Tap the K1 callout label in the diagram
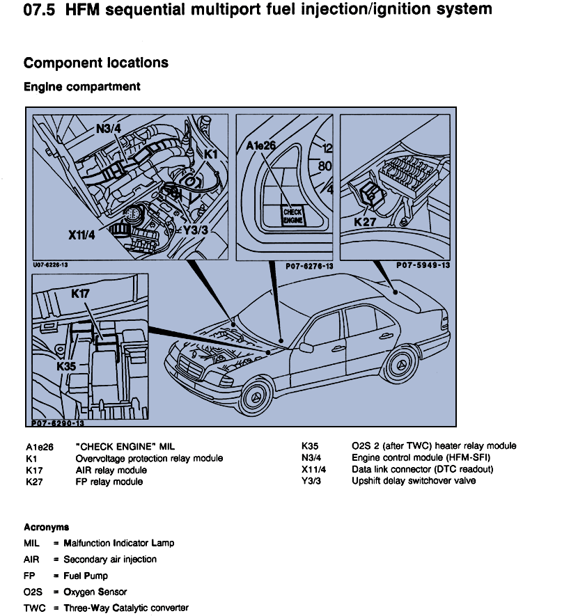pyautogui.click(x=211, y=152)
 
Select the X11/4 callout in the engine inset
pyautogui.click(x=81, y=235)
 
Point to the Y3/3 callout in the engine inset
pyautogui.click(x=195, y=229)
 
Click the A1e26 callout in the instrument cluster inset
pyautogui.click(x=262, y=145)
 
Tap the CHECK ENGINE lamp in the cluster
pyautogui.click(x=292, y=215)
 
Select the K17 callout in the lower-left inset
pyautogui.click(x=81, y=294)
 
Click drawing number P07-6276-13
pyautogui.click(x=309, y=266)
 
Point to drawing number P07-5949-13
pyautogui.click(x=423, y=265)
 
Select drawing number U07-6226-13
pyautogui.click(x=51, y=265)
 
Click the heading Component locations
pyautogui.click(x=96, y=63)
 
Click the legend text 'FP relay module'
pyautogui.click(x=109, y=482)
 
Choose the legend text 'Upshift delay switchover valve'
pyautogui.click(x=414, y=481)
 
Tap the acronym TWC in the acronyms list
pyautogui.click(x=34, y=608)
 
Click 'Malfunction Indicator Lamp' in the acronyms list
pyautogui.click(x=119, y=543)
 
